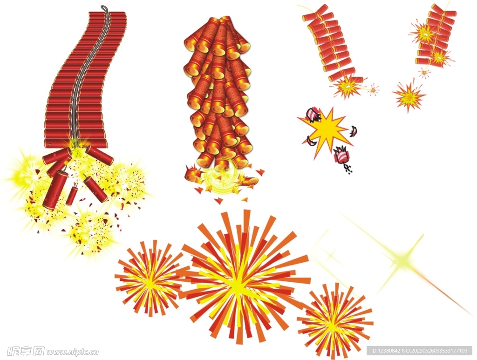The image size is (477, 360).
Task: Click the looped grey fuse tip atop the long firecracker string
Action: coord(104,8)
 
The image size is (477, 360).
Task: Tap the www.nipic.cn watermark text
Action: coord(72,352)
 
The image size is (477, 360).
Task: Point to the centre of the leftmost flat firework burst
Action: coord(150,278)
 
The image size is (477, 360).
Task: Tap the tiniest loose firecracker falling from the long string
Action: coord(72,195)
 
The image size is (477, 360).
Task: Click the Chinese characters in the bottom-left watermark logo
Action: coord(26,352)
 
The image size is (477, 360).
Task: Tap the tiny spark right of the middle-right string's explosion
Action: coord(373,89)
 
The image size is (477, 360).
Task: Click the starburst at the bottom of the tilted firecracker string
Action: coord(347,87)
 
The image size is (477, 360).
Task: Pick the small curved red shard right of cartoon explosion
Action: coord(354,131)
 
